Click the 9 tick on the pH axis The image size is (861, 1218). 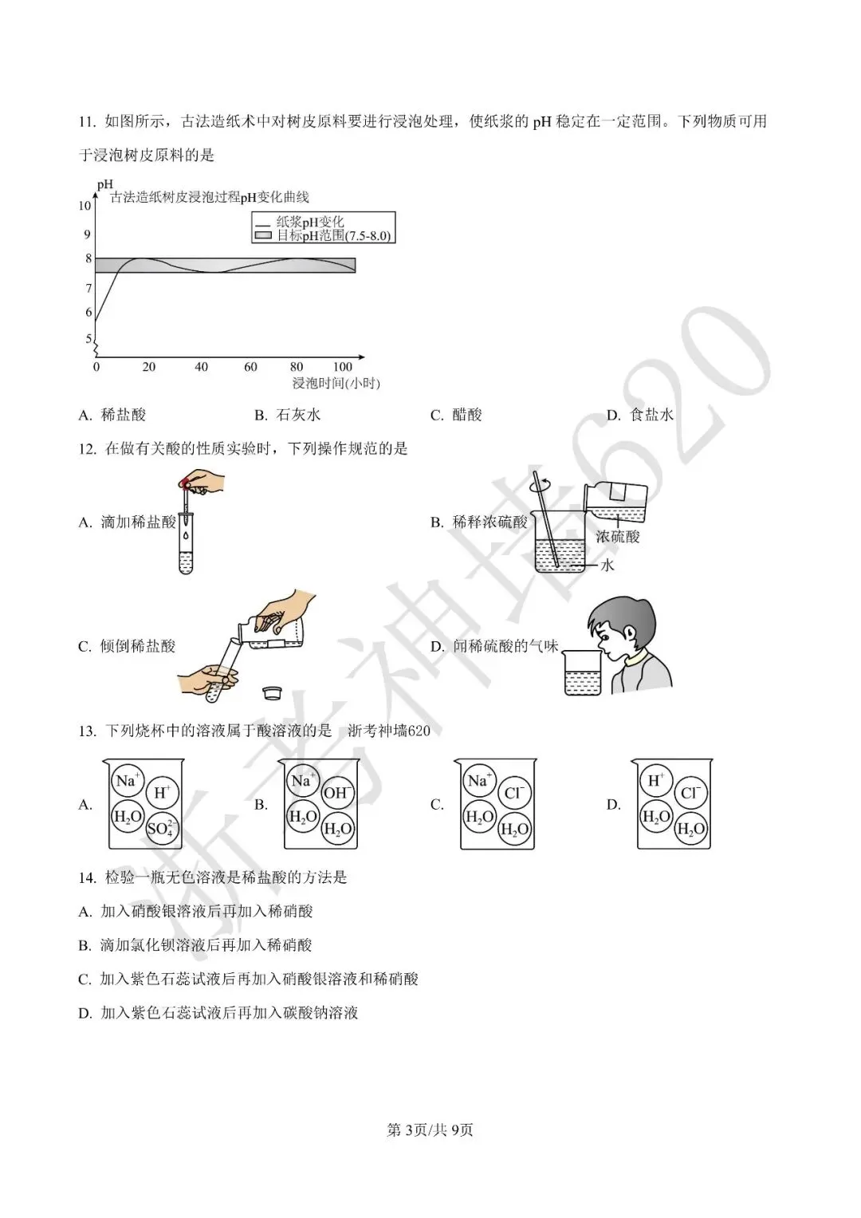tap(87, 235)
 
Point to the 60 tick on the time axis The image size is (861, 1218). tap(250, 366)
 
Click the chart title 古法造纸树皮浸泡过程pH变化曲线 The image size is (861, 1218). tap(209, 197)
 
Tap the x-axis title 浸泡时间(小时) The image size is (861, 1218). tap(336, 384)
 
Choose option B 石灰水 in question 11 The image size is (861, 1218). tap(287, 416)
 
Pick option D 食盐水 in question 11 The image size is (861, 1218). tap(639, 416)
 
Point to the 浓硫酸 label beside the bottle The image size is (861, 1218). tap(618, 537)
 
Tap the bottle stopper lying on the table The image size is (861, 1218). tap(273, 693)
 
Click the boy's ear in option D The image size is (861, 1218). tap(631, 633)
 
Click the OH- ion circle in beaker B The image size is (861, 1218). tap(338, 793)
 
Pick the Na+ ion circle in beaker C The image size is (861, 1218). tap(479, 781)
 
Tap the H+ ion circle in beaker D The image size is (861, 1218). tap(656, 781)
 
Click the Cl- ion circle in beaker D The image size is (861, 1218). tap(690, 793)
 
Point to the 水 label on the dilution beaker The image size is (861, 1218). tap(607, 566)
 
